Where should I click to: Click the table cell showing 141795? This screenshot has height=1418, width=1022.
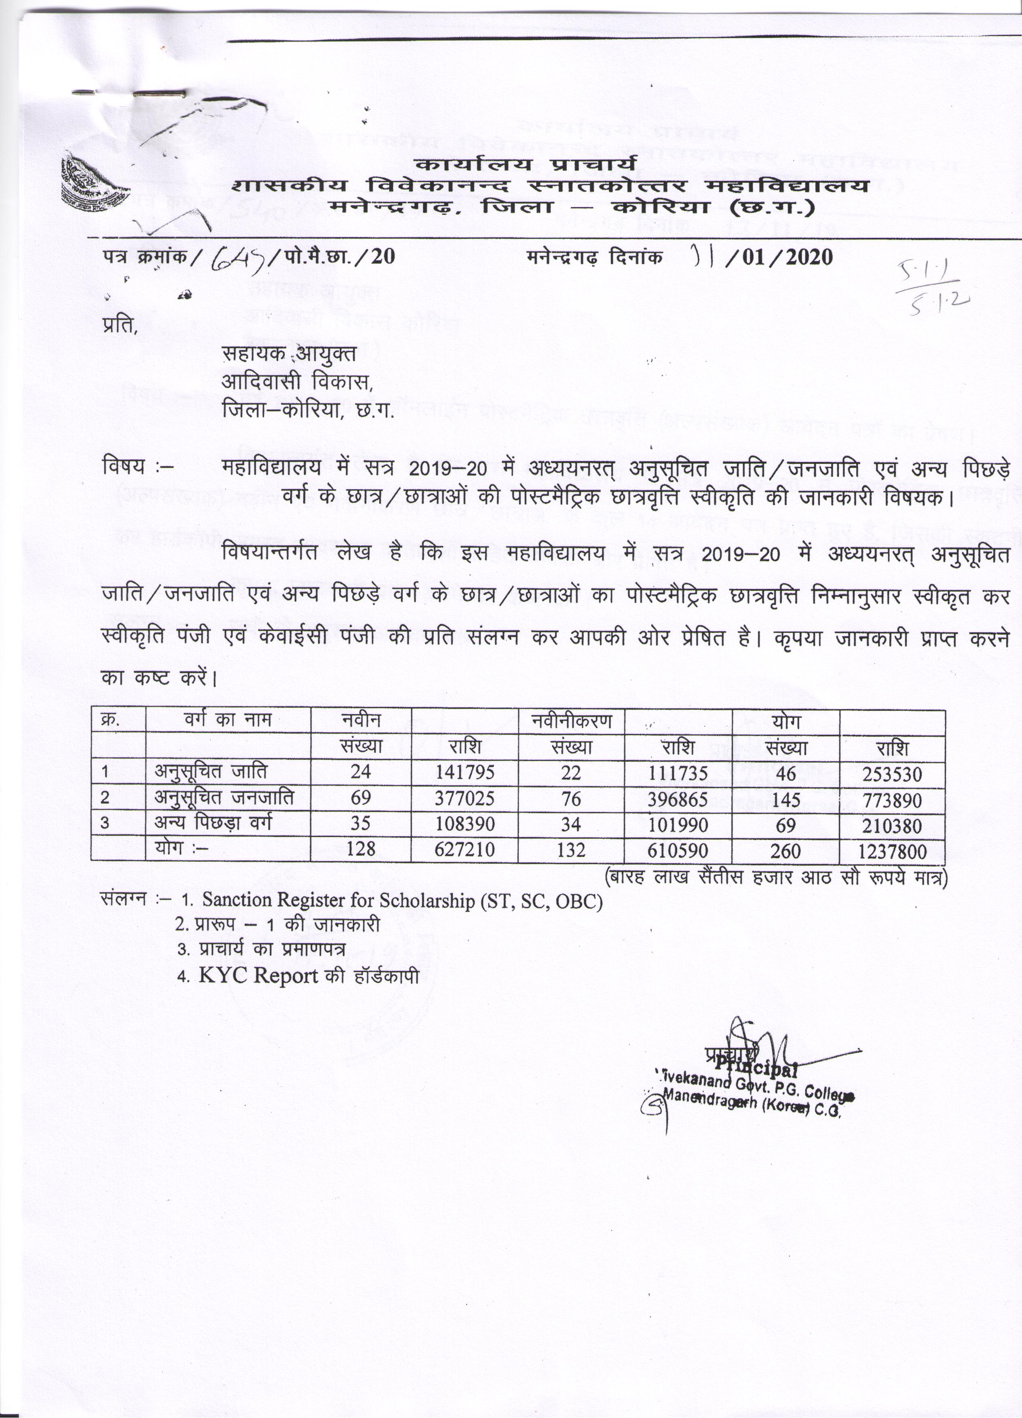coord(465,772)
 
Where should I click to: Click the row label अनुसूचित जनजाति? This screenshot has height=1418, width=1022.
coord(224,797)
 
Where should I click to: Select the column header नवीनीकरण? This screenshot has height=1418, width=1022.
coord(571,721)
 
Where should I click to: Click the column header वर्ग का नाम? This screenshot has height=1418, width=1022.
coord(228,720)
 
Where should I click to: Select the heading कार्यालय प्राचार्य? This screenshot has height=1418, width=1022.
coord(526,165)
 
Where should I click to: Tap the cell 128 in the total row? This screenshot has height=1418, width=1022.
coord(361,850)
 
